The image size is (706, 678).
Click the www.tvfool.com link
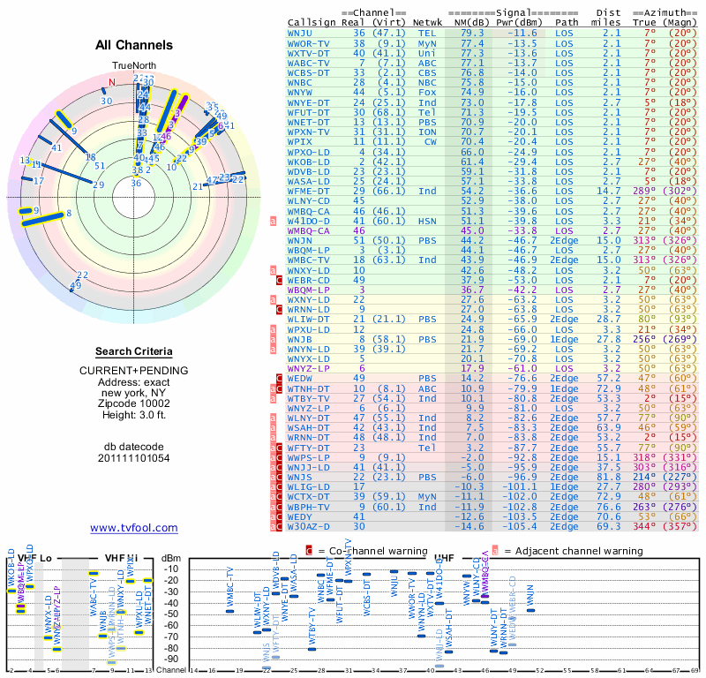coord(134,528)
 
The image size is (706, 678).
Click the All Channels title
coord(134,45)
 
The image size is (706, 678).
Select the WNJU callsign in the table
coord(300,33)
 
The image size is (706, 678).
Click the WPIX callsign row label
coord(300,141)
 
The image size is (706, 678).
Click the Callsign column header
coord(312,22)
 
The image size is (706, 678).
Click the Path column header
coord(567,22)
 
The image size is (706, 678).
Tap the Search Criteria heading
coord(134,351)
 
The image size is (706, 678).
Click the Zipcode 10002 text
coord(134,403)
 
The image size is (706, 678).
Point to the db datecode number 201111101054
coord(134,458)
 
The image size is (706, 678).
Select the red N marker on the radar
coord(112,82)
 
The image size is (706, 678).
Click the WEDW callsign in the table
coord(300,378)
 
